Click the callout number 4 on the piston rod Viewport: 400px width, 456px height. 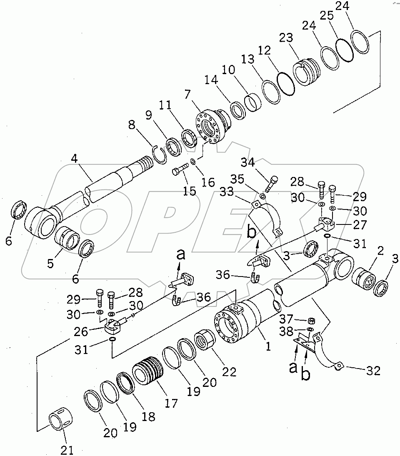(74, 159)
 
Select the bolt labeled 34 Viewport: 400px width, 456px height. (270, 184)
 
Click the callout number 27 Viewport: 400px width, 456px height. (359, 225)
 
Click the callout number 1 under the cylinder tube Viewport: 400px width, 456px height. (268, 346)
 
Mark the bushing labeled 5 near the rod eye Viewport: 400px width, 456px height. (67, 239)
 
